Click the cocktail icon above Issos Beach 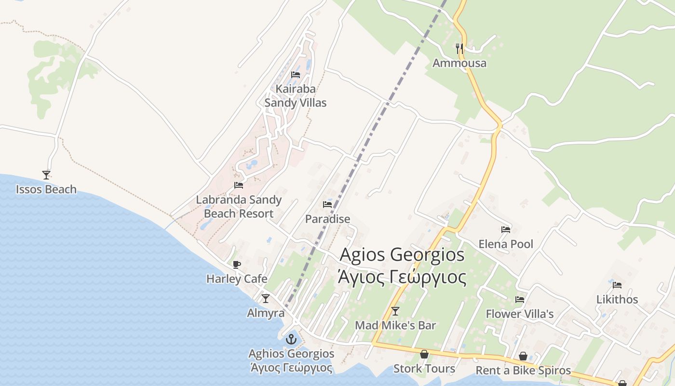coord(46,175)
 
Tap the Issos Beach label coord(46,189)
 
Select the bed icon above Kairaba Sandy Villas coord(296,75)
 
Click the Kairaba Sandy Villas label coord(295,96)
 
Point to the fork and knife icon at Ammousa coord(459,48)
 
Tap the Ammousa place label coord(459,63)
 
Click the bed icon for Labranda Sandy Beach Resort coord(238,185)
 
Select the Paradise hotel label coord(327,219)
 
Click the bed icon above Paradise coord(327,205)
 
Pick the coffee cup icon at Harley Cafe coord(236,264)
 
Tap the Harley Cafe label coord(237,279)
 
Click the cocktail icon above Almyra coord(266,299)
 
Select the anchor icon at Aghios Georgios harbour coord(291,339)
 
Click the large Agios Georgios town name coord(403,254)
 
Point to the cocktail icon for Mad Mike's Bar coord(395,311)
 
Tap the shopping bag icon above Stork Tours coord(424,355)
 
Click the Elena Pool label coord(506,244)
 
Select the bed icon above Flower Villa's coord(520,300)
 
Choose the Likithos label coord(617,299)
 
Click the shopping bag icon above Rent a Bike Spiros coord(523,357)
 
